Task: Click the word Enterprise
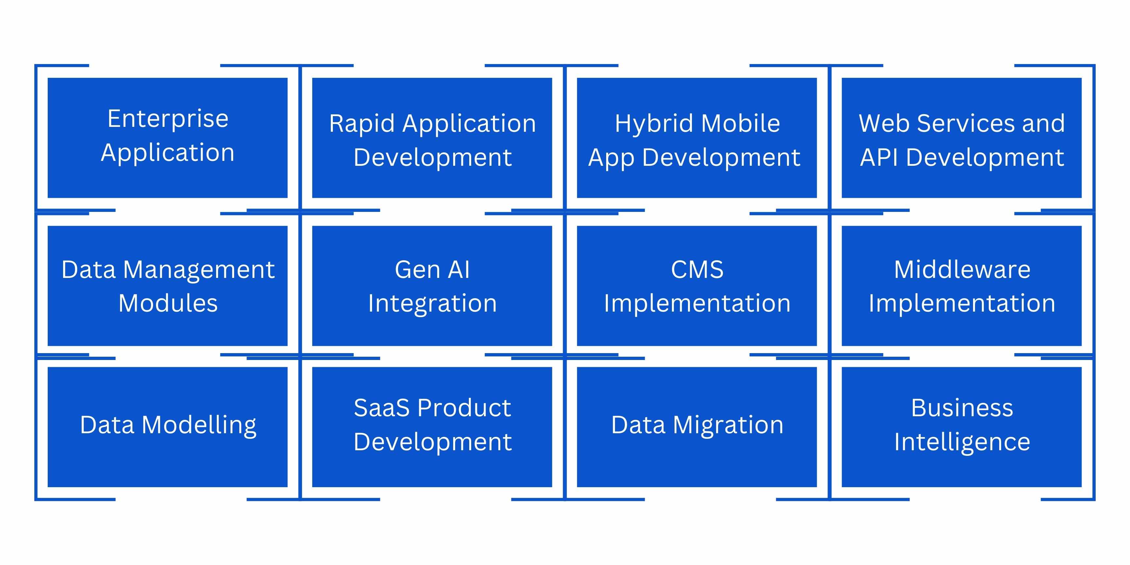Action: coord(168,119)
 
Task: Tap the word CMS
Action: coord(697,269)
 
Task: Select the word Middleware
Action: coord(962,269)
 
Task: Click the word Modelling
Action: coord(199,425)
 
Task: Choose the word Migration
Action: coord(728,425)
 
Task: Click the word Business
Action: coord(962,408)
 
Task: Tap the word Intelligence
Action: coord(962,442)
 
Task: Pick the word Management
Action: coord(199,269)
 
